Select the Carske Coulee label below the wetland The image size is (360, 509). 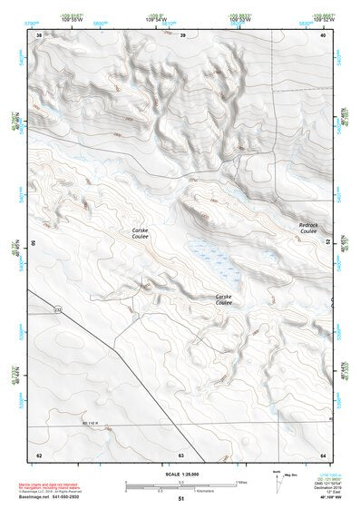tap(223, 299)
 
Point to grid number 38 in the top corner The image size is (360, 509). tap(38, 34)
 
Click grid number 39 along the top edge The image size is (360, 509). tap(182, 34)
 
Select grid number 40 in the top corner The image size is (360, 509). tap(322, 34)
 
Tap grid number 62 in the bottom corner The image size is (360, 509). tap(38, 455)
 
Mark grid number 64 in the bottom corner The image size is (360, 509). tap(322, 455)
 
